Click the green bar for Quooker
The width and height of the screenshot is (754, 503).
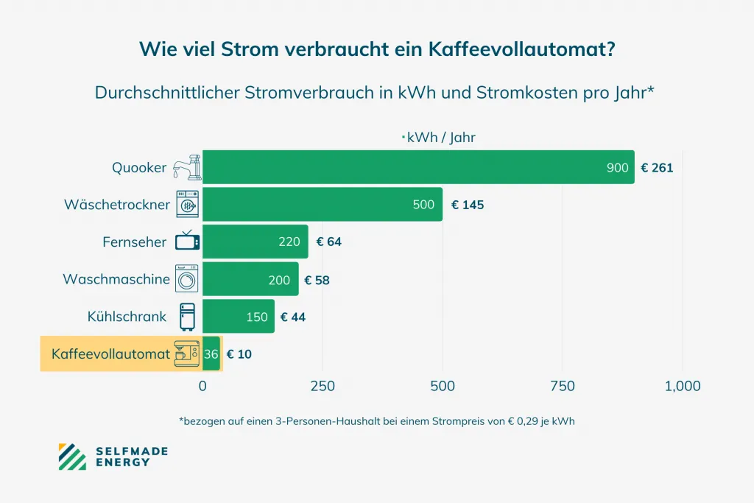(417, 167)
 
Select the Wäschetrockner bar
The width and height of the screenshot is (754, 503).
(322, 204)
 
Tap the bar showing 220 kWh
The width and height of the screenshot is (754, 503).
(255, 242)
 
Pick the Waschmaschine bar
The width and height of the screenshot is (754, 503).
(250, 279)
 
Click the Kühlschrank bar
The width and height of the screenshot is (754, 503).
(238, 317)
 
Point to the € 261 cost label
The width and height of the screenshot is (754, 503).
(657, 168)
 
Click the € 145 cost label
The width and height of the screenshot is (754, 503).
(468, 205)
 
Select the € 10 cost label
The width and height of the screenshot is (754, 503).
(239, 354)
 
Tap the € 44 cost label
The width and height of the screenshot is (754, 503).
(292, 317)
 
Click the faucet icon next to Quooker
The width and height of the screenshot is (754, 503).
(186, 167)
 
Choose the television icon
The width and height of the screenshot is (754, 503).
(187, 241)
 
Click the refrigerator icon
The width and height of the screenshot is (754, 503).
(187, 317)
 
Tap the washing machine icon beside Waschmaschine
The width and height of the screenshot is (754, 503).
(187, 279)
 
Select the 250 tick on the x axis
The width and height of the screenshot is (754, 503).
(323, 386)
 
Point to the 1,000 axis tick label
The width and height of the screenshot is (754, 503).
(682, 386)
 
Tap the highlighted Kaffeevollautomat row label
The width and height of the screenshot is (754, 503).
(110, 354)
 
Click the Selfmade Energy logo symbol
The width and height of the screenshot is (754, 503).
(72, 456)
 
